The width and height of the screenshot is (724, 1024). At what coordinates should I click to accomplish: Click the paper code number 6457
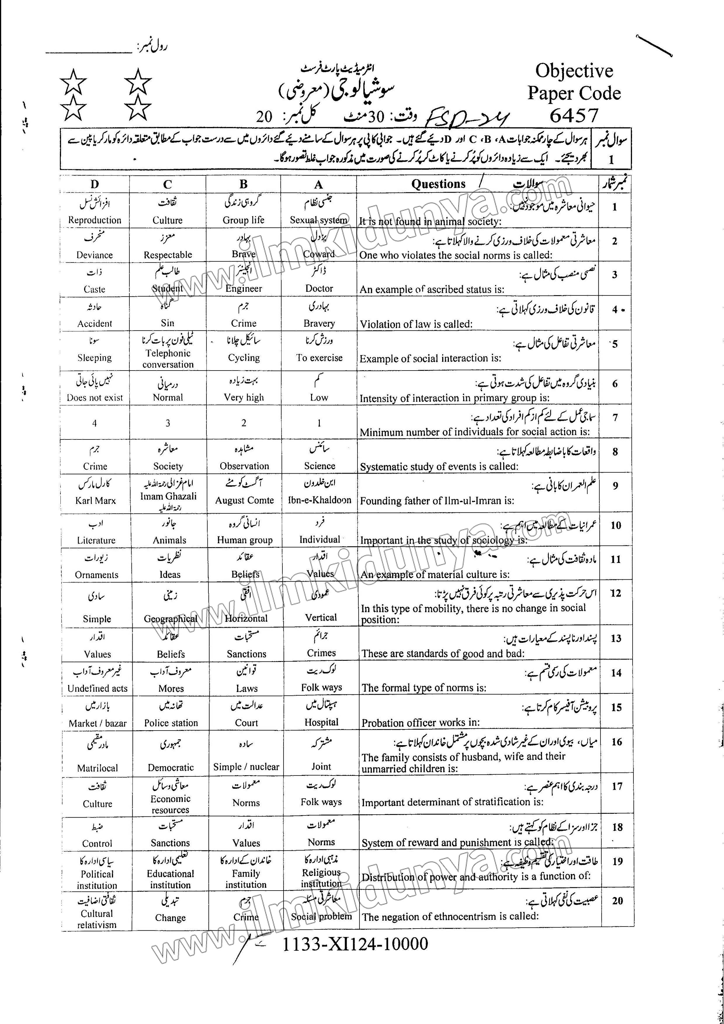[573, 116]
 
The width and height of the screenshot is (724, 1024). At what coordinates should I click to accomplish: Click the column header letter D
[95, 184]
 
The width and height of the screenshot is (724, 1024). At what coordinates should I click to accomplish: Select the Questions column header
[438, 184]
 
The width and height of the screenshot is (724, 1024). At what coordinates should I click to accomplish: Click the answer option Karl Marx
[96, 500]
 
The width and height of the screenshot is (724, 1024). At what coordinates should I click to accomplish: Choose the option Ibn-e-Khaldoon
[320, 500]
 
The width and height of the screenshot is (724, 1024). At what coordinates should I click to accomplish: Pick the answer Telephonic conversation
[168, 359]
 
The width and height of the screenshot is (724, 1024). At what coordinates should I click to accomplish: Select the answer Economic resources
[170, 804]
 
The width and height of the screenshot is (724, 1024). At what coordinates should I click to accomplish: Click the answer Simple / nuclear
[246, 767]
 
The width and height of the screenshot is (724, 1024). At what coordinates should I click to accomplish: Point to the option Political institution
[97, 879]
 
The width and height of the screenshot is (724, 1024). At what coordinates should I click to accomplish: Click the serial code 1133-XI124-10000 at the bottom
[355, 943]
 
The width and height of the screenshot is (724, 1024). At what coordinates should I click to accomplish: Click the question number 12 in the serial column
[616, 593]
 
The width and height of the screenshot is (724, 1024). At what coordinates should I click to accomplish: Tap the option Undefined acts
[97, 688]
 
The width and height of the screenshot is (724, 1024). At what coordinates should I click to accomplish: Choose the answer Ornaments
[97, 575]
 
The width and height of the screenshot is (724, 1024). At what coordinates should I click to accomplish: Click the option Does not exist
[95, 398]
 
